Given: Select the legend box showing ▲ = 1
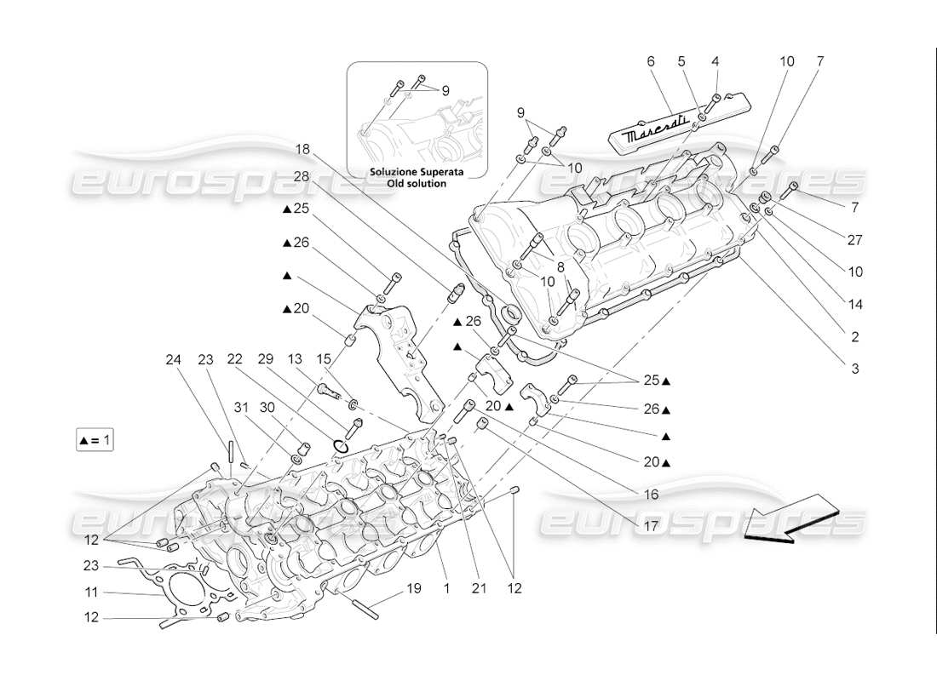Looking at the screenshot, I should tap(94, 440).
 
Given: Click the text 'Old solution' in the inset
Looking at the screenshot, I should tap(418, 183).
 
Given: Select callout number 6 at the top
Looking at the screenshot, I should tap(650, 61).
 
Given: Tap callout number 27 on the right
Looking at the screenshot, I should tap(854, 240).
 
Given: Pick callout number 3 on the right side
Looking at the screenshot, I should tap(854, 369).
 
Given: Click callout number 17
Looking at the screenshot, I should tap(650, 526).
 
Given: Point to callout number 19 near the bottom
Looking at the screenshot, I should tap(414, 588).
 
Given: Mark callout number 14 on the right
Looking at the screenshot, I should tap(854, 304).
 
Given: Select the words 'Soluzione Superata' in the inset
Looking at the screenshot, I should tap(417, 171).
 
